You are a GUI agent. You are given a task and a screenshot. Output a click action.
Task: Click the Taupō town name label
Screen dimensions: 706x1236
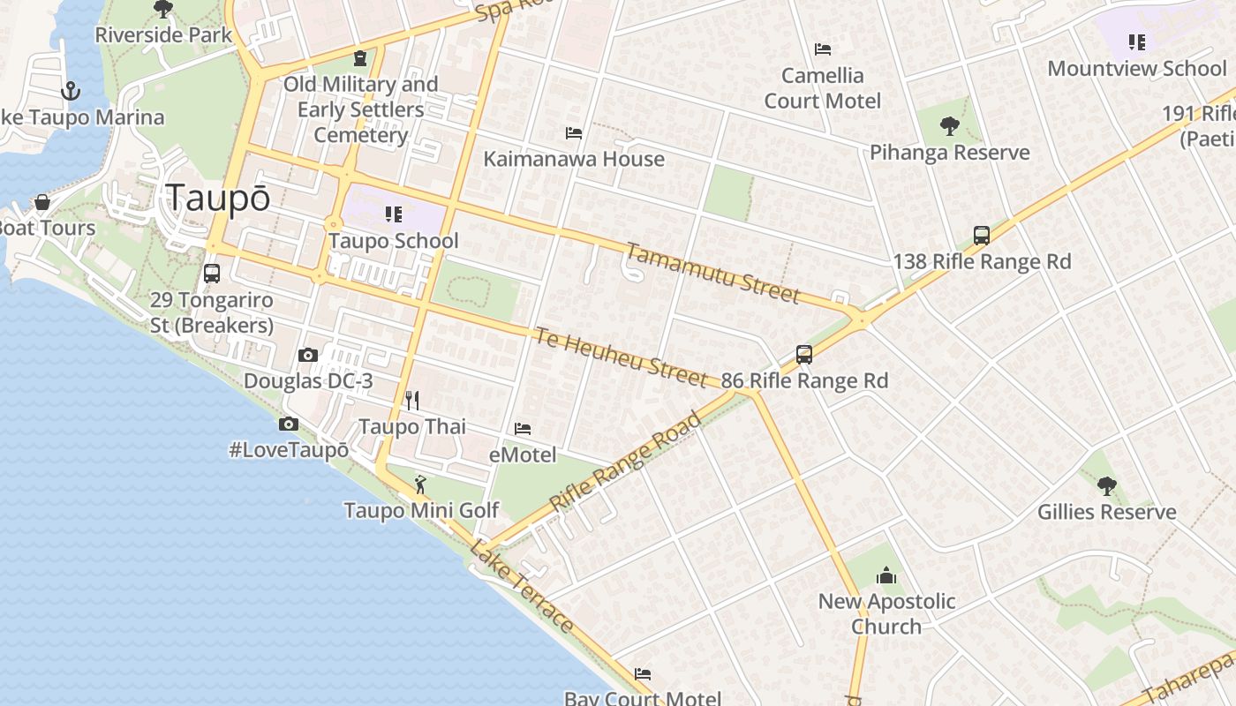(218, 198)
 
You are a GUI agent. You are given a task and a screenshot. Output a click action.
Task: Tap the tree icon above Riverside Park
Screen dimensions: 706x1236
(163, 10)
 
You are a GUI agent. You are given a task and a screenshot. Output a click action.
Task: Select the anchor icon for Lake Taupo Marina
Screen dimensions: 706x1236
(70, 91)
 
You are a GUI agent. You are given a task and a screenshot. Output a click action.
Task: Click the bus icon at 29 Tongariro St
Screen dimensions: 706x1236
(212, 274)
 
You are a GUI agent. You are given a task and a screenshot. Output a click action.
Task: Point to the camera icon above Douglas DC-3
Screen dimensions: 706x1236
(308, 356)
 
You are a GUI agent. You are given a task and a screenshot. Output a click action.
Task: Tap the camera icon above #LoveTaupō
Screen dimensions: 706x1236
(289, 424)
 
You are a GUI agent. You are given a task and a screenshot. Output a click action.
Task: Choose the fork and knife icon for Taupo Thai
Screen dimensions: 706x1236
(412, 401)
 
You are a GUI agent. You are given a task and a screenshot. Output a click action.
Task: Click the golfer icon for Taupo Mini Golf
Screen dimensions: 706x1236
(421, 484)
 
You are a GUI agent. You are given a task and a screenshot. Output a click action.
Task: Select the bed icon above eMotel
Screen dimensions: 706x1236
(523, 429)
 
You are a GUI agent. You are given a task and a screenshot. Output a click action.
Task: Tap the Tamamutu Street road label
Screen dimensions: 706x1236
(712, 272)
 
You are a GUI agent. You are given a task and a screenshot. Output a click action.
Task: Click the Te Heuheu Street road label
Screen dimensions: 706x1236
(621, 357)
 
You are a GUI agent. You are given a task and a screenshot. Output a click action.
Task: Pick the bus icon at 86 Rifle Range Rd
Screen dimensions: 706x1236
(804, 355)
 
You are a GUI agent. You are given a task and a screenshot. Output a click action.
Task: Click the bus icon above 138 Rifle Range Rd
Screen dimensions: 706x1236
(982, 236)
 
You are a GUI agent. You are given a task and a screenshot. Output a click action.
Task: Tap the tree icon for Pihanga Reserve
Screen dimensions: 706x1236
(950, 126)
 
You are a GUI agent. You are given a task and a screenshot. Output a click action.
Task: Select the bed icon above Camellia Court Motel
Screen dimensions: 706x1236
(823, 49)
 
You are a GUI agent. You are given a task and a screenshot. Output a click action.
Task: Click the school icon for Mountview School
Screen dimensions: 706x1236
(1136, 42)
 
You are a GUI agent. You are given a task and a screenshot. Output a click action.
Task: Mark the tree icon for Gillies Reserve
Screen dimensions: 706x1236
(1107, 486)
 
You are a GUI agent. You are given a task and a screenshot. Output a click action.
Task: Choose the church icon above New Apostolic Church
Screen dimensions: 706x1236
(886, 576)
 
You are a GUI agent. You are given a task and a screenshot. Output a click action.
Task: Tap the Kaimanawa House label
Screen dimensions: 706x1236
(574, 159)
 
